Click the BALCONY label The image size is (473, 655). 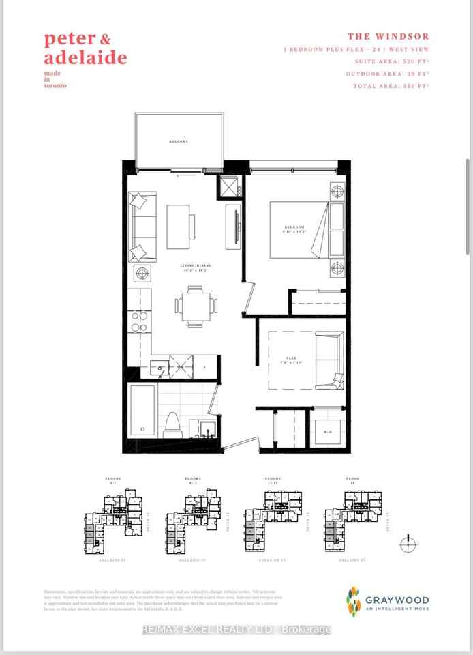pyautogui.click(x=178, y=142)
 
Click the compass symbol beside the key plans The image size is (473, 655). pyautogui.click(x=408, y=544)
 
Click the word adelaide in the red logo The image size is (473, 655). pyautogui.click(x=85, y=57)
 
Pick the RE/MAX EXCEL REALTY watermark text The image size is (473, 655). pyautogui.click(x=236, y=630)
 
